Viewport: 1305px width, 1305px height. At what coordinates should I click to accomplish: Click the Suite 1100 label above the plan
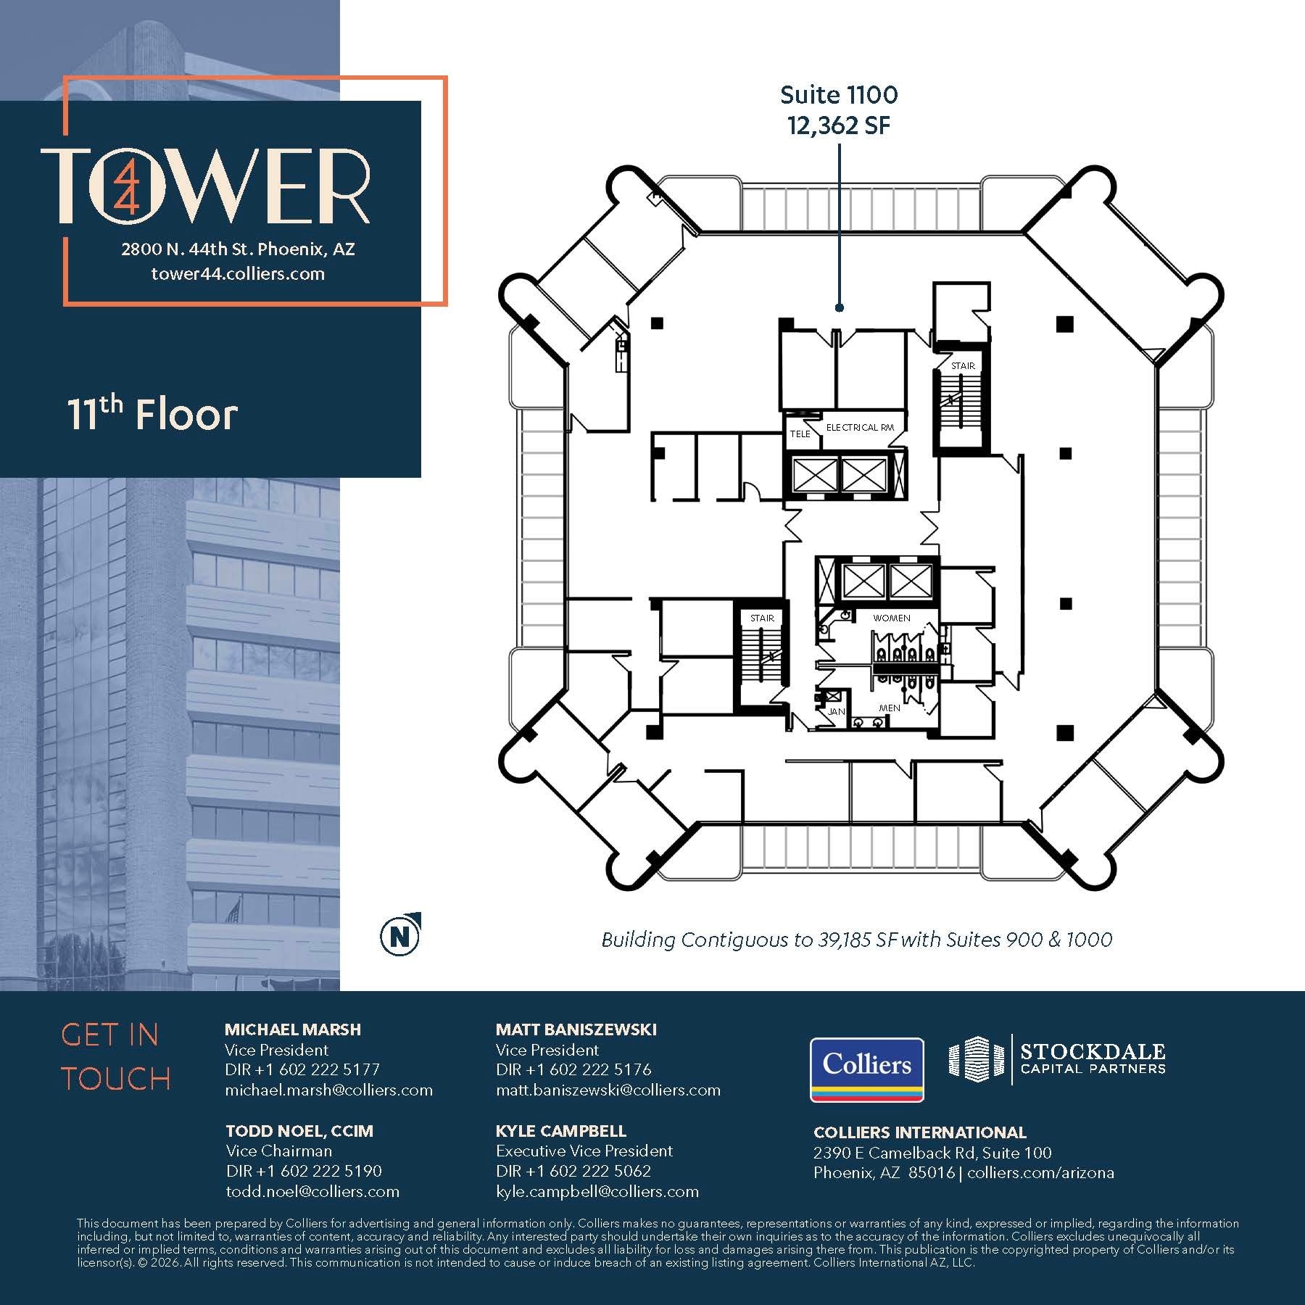click(x=839, y=95)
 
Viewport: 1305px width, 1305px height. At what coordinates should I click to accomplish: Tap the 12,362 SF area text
click(x=839, y=126)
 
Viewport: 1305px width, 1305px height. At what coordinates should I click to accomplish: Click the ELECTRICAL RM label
click(x=860, y=428)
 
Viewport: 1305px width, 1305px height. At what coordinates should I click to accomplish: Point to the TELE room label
click(x=800, y=434)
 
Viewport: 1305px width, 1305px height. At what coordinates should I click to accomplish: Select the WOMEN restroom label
click(x=892, y=618)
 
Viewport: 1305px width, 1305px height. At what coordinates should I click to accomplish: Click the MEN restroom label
click(x=890, y=708)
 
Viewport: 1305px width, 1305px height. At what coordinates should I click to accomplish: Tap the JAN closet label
click(x=836, y=712)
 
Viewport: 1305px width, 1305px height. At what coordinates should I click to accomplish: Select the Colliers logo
click(x=866, y=1069)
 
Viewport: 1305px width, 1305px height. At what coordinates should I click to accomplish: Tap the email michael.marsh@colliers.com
click(x=328, y=1090)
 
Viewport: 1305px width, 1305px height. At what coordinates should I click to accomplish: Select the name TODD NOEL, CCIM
click(x=299, y=1131)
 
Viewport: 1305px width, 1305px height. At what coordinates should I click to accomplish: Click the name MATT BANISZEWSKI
click(x=576, y=1029)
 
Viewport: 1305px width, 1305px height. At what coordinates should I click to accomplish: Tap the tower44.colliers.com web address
click(x=238, y=274)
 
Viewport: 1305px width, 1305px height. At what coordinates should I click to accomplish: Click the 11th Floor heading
click(x=152, y=415)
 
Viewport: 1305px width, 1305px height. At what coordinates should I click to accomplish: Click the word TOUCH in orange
click(x=116, y=1079)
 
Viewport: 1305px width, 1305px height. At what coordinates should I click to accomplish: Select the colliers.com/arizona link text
click(x=1040, y=1172)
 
